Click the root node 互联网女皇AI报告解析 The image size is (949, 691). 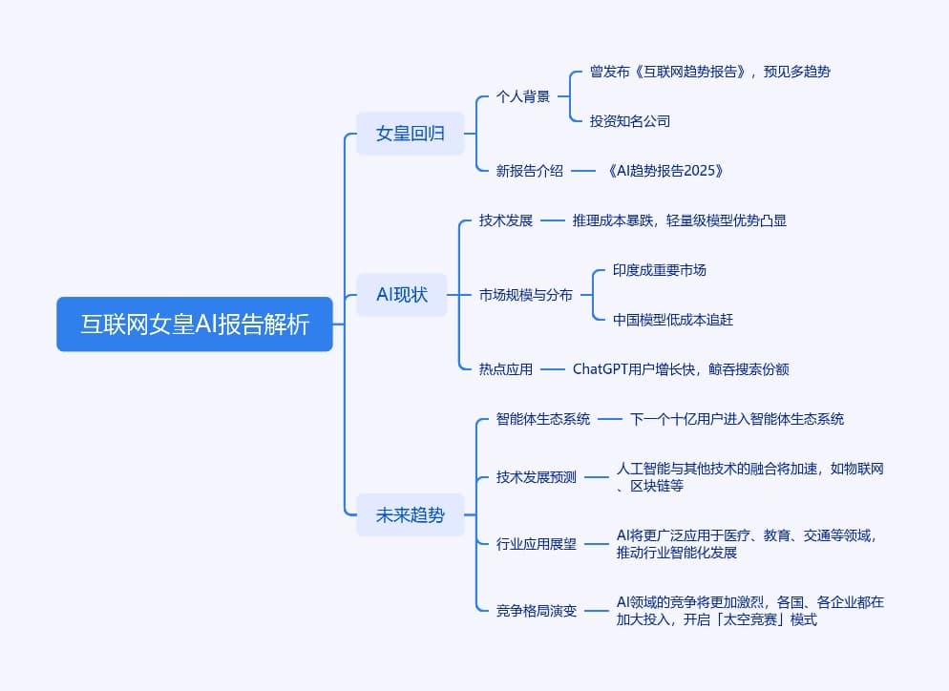(194, 324)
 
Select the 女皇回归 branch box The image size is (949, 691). (411, 133)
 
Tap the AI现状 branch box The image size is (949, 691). (402, 295)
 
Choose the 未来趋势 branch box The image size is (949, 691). (411, 515)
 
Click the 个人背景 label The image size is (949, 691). (523, 96)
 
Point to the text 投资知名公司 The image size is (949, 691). (630, 121)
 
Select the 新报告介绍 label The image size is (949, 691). (530, 171)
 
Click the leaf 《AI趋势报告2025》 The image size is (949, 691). (665, 171)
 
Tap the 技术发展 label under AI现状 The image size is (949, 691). (506, 220)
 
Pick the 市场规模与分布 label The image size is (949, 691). (526, 295)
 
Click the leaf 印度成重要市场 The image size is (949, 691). (660, 270)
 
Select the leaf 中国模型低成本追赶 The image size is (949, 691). (673, 320)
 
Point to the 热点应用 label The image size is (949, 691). (506, 369)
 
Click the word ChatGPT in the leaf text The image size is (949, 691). (601, 369)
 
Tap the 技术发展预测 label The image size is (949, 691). (537, 477)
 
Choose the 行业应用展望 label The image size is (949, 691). (537, 544)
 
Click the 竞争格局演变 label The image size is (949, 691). (537, 611)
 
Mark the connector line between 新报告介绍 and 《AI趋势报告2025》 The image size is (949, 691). (583, 171)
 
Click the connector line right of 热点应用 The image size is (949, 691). (553, 369)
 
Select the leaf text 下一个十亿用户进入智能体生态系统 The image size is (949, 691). (737, 419)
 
